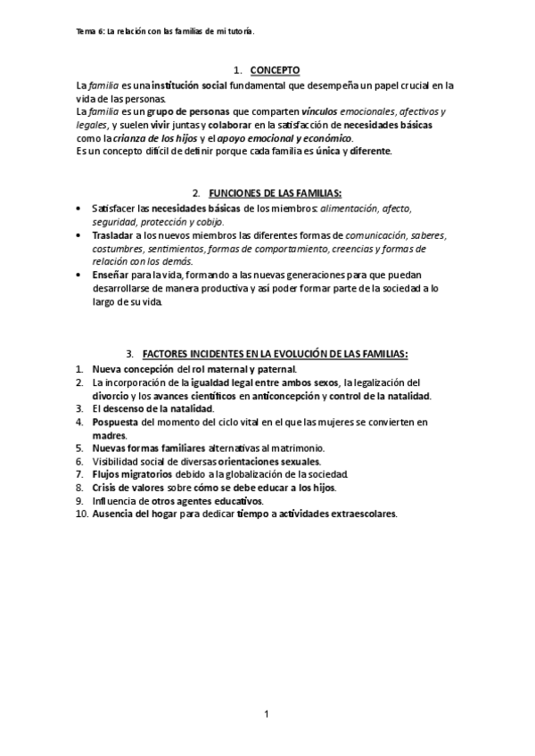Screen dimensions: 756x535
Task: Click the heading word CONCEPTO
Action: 275,70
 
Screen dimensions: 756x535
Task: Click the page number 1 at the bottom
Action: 266,713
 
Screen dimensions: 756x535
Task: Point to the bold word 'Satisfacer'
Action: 113,208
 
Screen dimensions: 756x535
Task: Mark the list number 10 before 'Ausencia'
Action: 81,514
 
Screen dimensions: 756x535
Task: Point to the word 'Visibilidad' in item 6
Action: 119,461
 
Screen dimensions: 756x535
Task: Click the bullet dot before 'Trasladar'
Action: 81,235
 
